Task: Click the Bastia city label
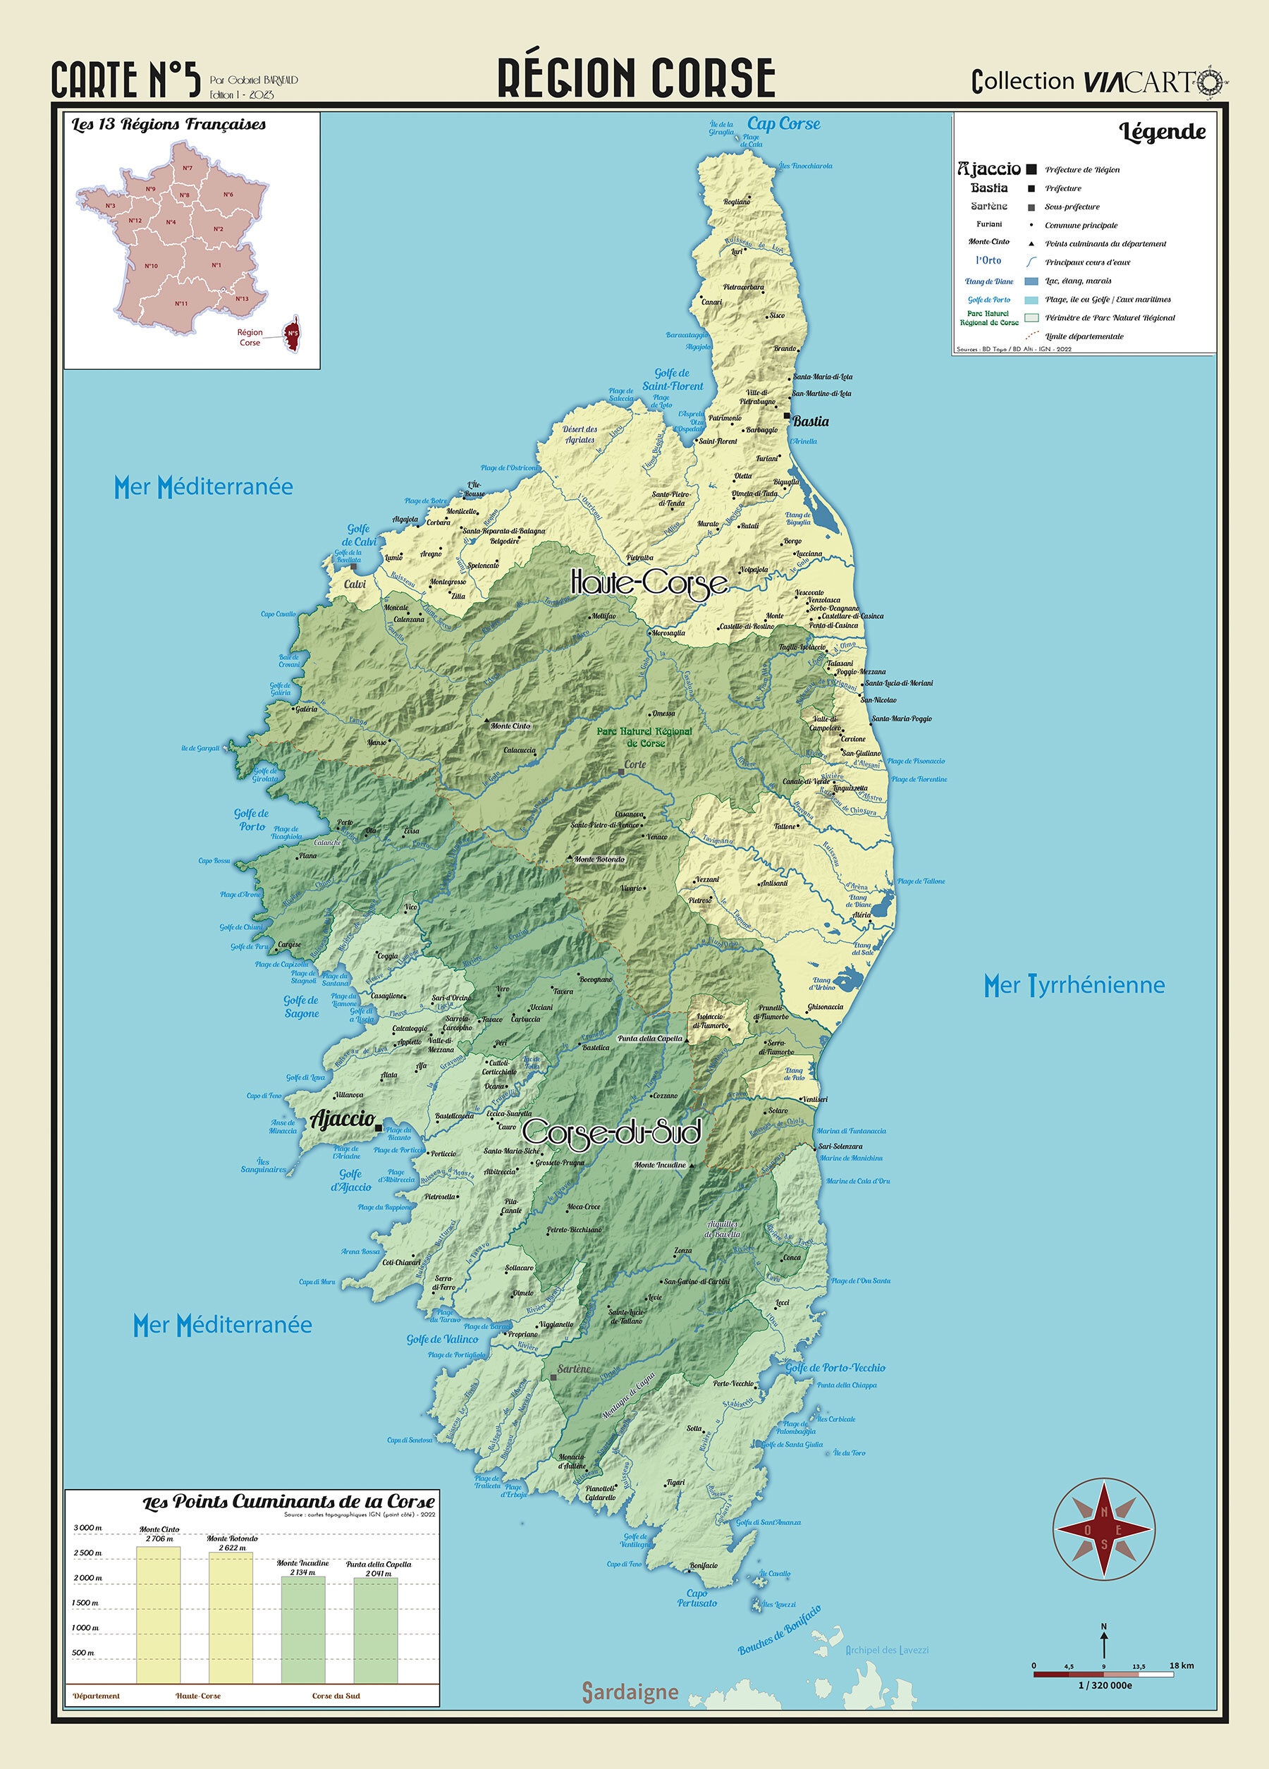[810, 421]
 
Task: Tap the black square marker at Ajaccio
[379, 1128]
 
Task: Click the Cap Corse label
[783, 123]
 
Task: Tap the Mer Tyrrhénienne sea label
[1073, 985]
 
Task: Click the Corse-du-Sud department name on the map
[611, 1132]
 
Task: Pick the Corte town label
[635, 764]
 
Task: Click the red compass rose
[1103, 1528]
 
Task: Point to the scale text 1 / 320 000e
[1105, 1685]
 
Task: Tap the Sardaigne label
[630, 1691]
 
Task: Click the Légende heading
[1162, 132]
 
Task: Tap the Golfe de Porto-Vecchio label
[835, 1367]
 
